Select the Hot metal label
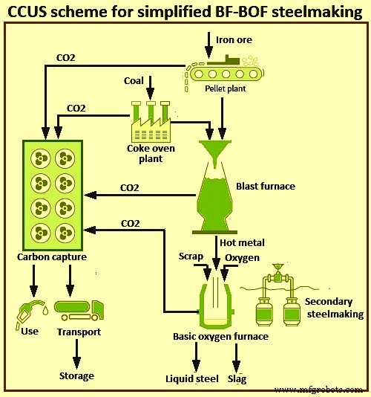[x=241, y=242]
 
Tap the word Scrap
[x=191, y=256]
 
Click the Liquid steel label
[x=192, y=379]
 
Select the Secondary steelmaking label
[x=335, y=308]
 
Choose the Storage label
[x=76, y=375]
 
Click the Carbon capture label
[x=51, y=257]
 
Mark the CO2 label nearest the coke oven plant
[x=76, y=108]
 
